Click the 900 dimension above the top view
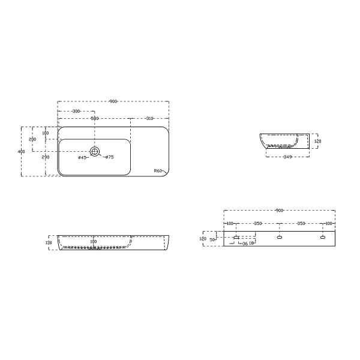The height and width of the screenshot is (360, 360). [x=113, y=101]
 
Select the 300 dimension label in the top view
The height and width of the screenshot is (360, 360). [x=76, y=112]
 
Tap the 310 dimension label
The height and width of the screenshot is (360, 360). [x=149, y=118]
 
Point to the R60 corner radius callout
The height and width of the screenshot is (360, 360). [x=158, y=170]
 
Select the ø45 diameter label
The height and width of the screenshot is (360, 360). [x=82, y=158]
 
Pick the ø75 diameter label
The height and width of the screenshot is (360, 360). [x=109, y=158]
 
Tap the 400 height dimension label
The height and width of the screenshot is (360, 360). [x=22, y=152]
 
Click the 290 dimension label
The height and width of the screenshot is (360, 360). [x=46, y=157]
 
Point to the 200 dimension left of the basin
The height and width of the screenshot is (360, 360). [x=32, y=139]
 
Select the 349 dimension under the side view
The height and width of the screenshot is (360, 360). [x=287, y=157]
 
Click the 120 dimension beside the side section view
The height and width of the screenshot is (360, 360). [x=318, y=142]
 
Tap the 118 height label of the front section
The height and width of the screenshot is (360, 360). [x=49, y=243]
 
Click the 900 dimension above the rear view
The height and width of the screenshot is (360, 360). [x=279, y=211]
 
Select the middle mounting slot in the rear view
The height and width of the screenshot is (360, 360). [x=280, y=238]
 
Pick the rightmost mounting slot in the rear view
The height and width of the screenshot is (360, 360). [x=323, y=238]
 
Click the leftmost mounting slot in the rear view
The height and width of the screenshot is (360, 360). [x=236, y=238]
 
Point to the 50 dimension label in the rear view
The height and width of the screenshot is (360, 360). [x=212, y=239]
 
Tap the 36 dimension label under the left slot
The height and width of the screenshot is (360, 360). [x=244, y=244]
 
